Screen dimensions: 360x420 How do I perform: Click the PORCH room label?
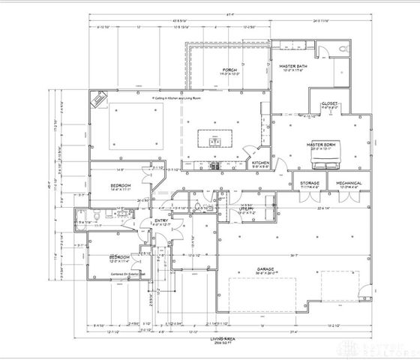(229, 70)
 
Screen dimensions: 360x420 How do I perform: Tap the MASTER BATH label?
(293, 67)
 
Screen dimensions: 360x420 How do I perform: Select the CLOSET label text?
(330, 103)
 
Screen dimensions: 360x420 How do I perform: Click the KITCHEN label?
(260, 162)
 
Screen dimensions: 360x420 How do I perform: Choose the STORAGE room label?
(310, 182)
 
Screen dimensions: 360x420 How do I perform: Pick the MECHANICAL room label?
(348, 182)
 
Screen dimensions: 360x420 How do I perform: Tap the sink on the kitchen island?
(215, 140)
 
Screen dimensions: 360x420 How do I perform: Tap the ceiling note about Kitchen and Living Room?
(182, 97)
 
